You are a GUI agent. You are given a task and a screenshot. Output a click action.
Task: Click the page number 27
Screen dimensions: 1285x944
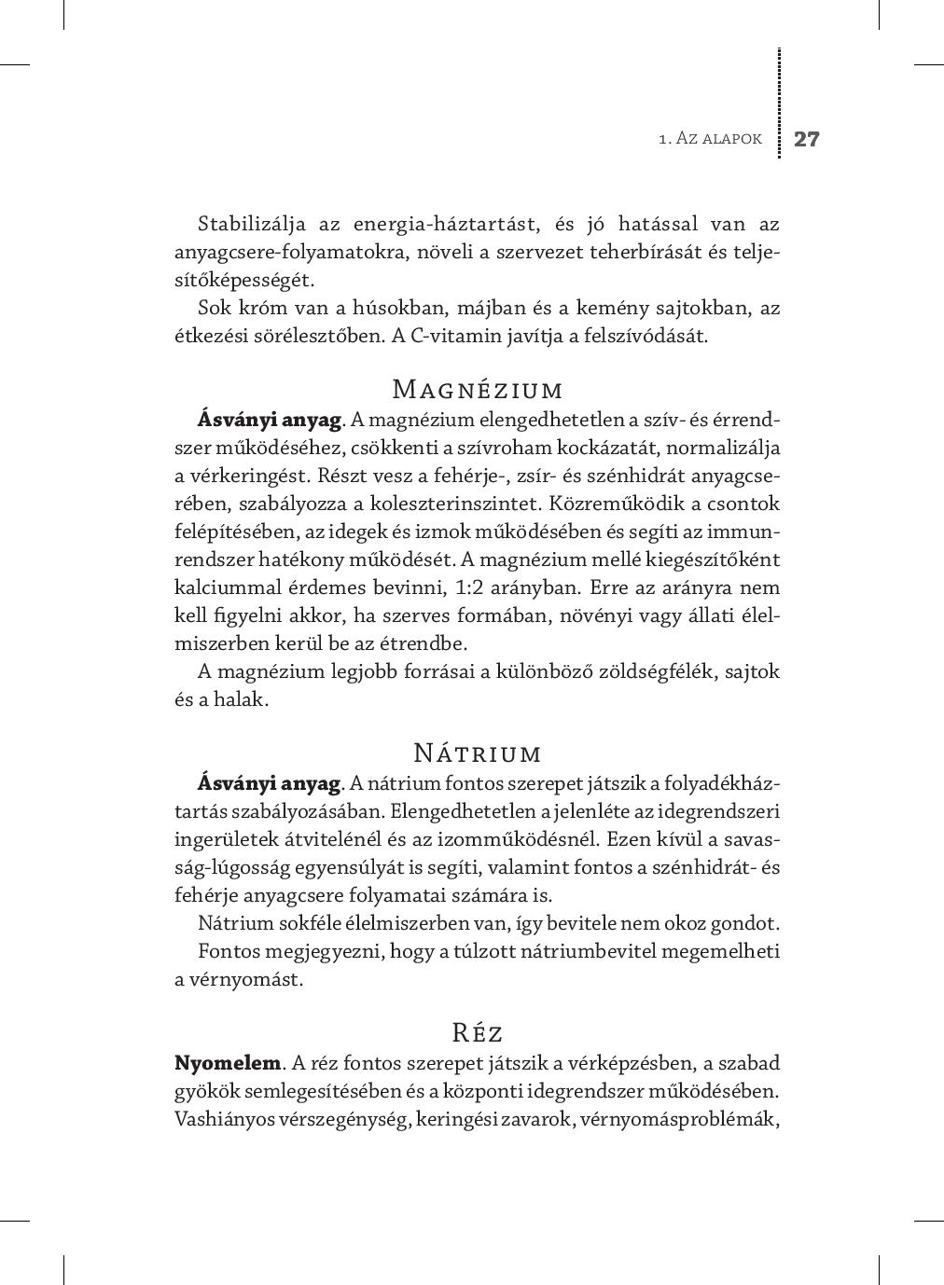806,140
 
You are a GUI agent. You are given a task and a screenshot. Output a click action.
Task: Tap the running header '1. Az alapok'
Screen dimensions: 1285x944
710,139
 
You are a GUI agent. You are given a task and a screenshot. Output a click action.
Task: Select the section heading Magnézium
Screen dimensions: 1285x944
478,389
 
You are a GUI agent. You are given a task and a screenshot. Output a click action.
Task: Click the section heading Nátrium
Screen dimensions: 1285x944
478,753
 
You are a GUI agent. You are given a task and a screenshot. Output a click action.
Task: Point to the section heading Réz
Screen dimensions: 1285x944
478,1033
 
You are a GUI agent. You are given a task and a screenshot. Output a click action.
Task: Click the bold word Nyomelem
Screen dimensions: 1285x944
228,1063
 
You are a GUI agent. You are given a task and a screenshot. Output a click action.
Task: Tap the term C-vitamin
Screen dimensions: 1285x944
445,337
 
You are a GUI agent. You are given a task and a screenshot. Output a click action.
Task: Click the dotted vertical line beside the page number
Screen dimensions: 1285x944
779,103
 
